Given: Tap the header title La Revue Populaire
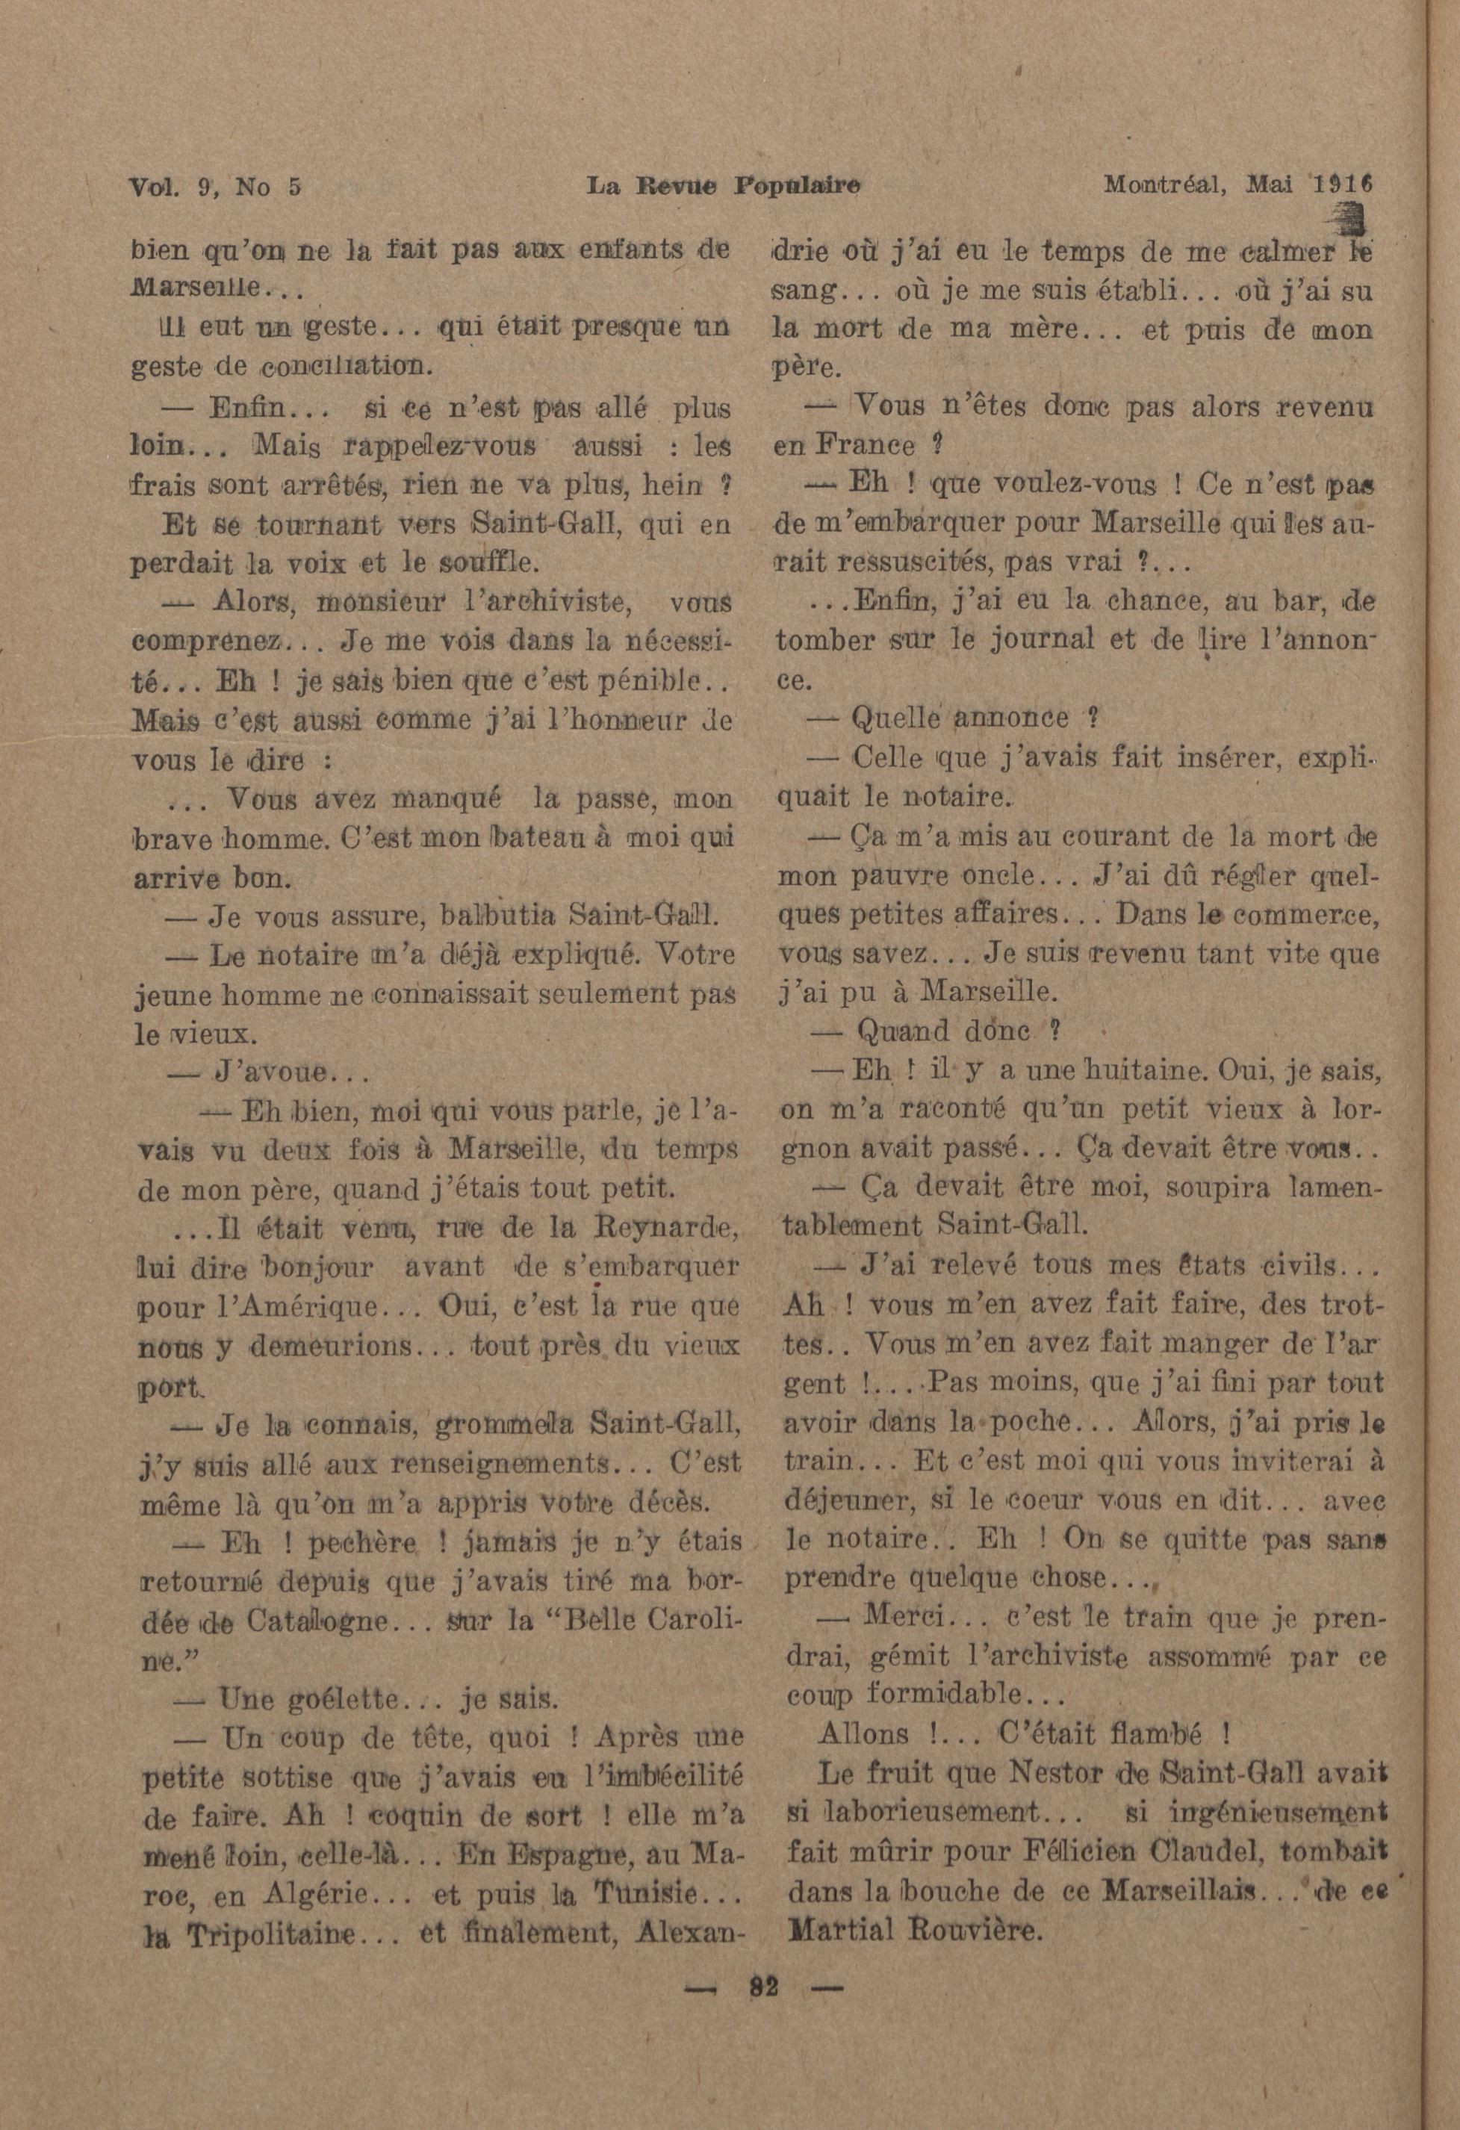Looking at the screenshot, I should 723,187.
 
